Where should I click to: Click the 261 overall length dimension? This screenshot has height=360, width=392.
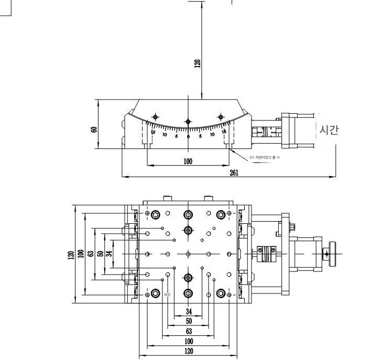tap(234, 173)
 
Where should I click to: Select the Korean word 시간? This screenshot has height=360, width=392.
tap(329, 130)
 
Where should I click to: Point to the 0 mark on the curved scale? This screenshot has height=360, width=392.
tap(188, 136)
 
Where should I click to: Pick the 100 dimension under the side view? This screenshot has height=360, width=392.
tap(188, 161)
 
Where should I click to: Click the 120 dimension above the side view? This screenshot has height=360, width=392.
tap(197, 63)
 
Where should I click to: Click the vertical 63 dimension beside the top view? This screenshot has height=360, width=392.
tap(91, 254)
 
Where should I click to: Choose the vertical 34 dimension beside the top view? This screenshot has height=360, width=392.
tap(108, 254)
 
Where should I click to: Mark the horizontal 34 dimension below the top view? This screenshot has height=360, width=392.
tap(189, 311)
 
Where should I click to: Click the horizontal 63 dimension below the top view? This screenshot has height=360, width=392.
tap(188, 331)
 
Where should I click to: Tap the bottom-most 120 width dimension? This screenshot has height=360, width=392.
tap(188, 351)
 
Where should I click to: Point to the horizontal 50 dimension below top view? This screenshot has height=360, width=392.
tap(188, 321)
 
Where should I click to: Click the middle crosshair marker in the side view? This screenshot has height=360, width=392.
tap(188, 122)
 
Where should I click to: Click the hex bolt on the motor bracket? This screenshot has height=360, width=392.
tap(291, 227)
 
